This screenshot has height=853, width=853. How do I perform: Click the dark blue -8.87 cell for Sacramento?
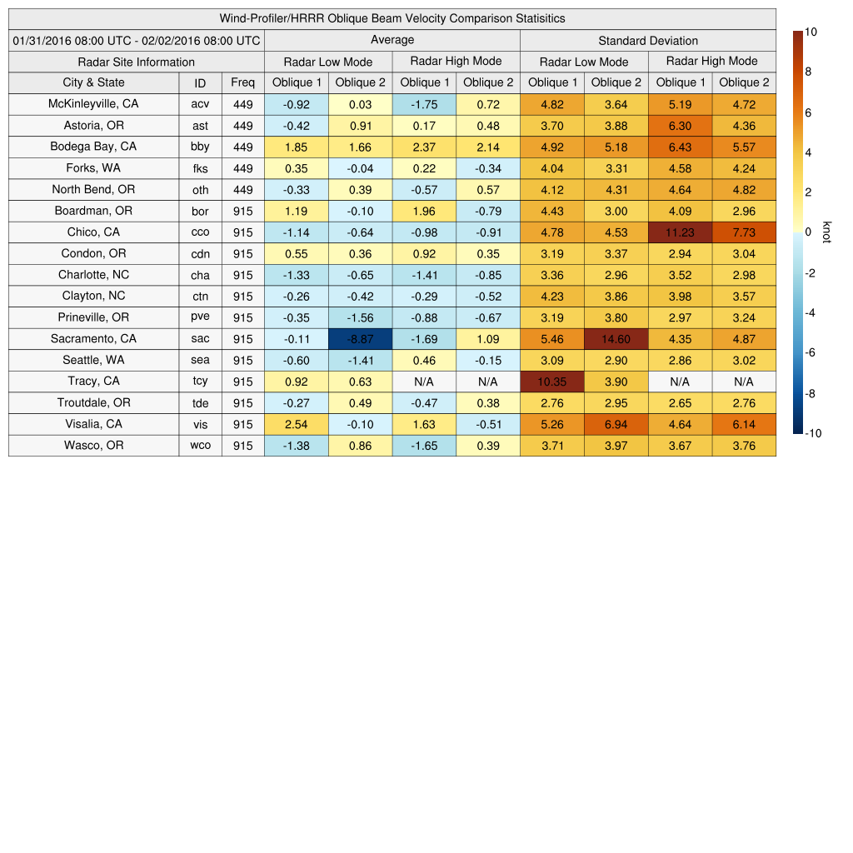(360, 339)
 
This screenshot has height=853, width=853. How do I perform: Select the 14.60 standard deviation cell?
(616, 339)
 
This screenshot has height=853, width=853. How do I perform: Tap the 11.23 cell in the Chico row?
(680, 232)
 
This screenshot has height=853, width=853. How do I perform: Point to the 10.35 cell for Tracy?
(551, 382)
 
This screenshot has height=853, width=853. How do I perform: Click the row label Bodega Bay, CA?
(93, 147)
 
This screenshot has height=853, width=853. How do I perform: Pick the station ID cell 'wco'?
(200, 446)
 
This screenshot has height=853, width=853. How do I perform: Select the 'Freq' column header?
(242, 82)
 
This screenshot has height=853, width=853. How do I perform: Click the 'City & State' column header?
(93, 82)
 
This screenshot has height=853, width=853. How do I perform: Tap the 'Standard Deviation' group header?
(647, 41)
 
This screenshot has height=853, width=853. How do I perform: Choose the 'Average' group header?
(392, 40)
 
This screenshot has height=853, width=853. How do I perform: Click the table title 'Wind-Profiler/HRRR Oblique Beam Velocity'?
(392, 18)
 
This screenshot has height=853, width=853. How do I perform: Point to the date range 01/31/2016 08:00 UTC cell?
(137, 41)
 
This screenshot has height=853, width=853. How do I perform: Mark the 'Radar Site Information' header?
(137, 62)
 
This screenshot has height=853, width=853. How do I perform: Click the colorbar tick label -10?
(815, 433)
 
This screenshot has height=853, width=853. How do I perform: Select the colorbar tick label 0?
(808, 232)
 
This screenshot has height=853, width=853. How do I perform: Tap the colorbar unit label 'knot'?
(826, 232)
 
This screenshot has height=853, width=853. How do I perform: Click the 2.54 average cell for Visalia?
(296, 424)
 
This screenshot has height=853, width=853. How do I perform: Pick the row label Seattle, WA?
(93, 361)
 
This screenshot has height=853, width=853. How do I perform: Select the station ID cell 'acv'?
(200, 104)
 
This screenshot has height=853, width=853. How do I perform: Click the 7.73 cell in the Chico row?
(744, 232)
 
